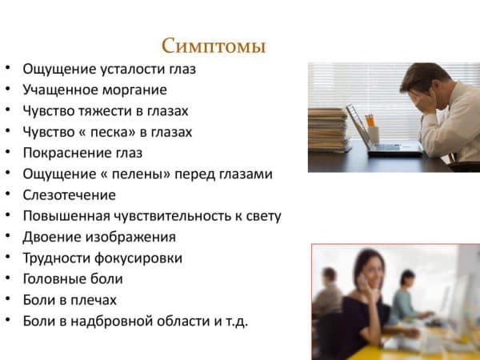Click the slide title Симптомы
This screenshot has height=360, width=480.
pyautogui.click(x=213, y=46)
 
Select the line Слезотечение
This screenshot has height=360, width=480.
pyautogui.click(x=70, y=194)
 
